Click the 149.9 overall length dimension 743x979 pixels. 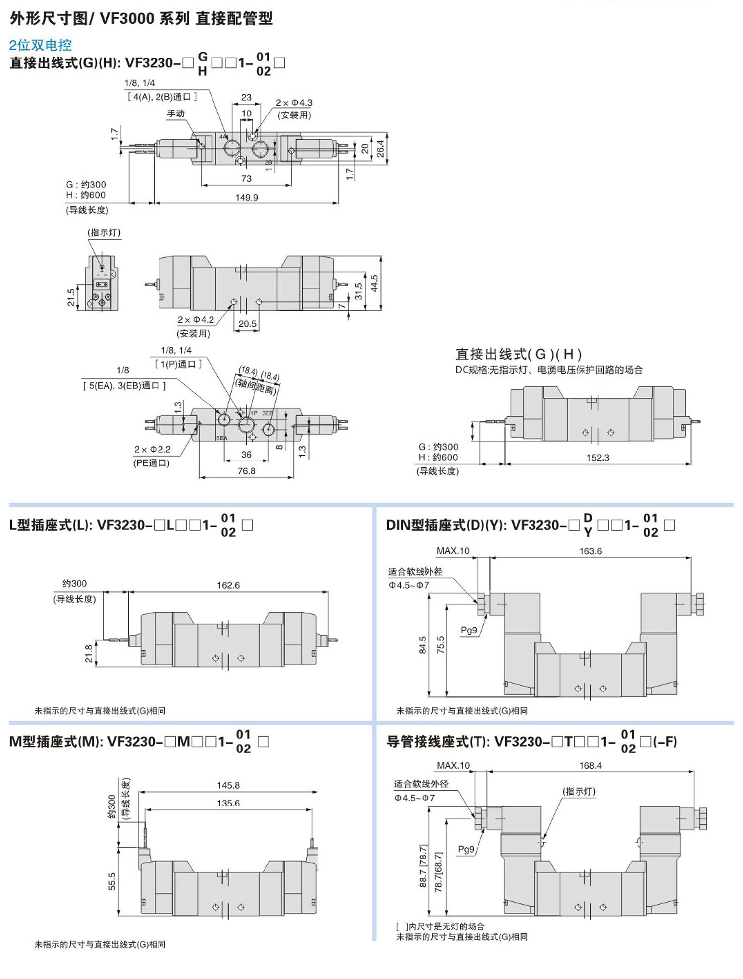click(x=246, y=197)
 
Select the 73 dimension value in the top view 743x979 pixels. click(x=246, y=179)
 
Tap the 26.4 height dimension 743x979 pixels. click(x=380, y=149)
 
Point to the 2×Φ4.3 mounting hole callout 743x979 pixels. click(x=294, y=103)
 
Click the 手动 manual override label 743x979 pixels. click(x=175, y=114)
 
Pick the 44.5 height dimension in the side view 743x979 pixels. click(x=374, y=284)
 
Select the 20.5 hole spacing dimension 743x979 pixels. click(x=247, y=324)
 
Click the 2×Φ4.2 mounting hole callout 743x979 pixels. click(x=196, y=320)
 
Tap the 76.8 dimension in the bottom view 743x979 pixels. click(x=246, y=471)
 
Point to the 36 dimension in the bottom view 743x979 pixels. click(x=246, y=454)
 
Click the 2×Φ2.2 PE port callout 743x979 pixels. click(x=152, y=449)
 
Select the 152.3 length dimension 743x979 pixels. click(x=598, y=457)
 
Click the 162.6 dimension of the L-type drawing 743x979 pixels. click(x=228, y=585)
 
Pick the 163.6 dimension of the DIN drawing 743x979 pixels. click(x=590, y=551)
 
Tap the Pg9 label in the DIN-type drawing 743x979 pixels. click(x=468, y=630)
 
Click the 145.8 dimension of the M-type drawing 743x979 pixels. click(x=228, y=785)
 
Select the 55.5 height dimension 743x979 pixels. click(x=112, y=881)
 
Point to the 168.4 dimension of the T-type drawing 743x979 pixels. click(x=590, y=766)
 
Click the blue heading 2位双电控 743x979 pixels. click(x=40, y=45)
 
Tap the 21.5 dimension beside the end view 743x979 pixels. click(x=71, y=297)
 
